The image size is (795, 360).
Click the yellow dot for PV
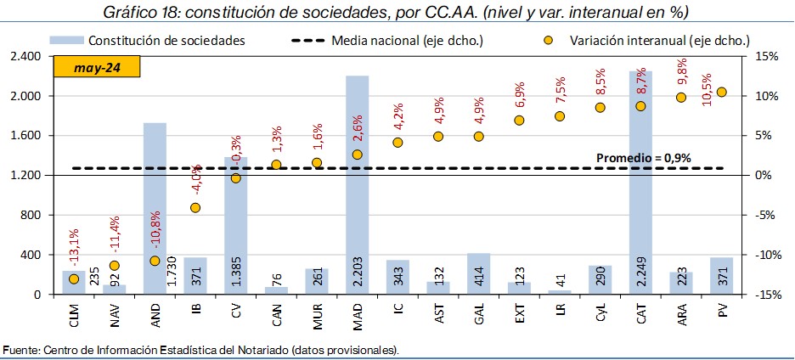click(722, 92)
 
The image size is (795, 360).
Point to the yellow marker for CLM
click(74, 278)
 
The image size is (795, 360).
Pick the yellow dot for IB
click(195, 207)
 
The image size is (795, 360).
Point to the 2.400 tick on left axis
click(25, 57)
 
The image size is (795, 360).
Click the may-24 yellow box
click(96, 67)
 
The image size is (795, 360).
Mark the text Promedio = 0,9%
click(643, 157)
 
